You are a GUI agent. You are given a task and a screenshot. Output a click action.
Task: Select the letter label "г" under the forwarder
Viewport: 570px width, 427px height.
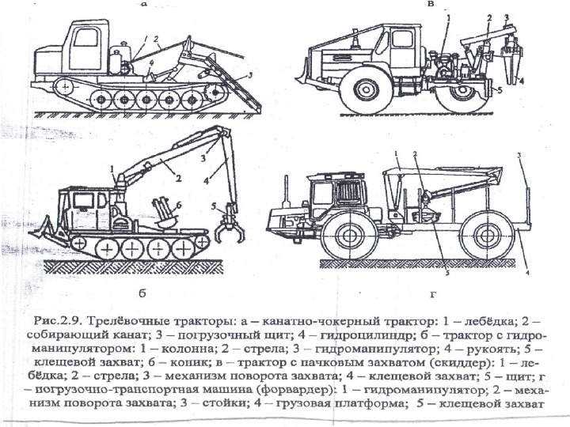click(x=432, y=295)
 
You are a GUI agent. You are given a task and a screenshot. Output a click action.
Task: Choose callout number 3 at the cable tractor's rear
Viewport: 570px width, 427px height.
click(x=250, y=74)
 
